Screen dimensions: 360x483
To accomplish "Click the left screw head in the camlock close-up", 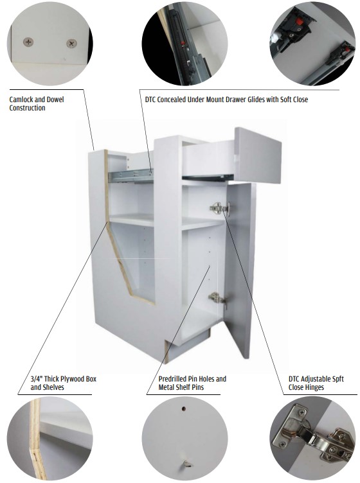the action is tap(28, 42).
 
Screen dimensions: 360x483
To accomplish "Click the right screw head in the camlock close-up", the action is tap(72, 44).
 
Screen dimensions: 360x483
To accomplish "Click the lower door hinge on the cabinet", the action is tap(217, 299).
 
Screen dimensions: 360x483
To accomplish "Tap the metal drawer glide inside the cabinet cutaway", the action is tap(131, 175).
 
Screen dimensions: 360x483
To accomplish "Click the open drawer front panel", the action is tap(258, 155).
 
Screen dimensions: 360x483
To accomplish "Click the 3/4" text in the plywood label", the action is tap(37, 379).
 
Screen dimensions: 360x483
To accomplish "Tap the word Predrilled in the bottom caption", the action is tap(172, 379).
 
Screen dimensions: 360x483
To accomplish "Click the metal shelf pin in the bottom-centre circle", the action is tap(186, 464).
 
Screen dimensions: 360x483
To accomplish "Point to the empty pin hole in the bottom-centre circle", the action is tap(184, 408).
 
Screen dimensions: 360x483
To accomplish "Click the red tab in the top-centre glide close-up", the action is tap(183, 43).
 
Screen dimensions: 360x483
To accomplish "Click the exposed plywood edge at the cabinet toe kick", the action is tap(166, 351).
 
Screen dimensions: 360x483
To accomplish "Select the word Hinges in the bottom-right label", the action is tap(315, 387).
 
